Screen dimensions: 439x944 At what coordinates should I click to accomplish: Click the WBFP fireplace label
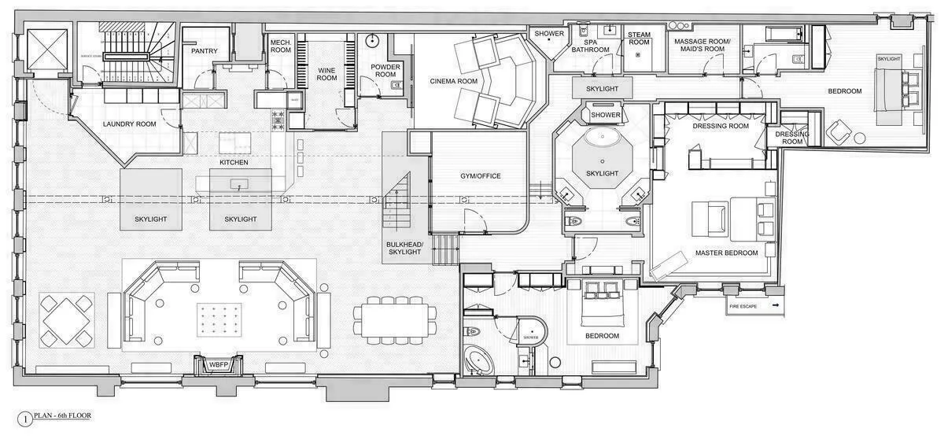coord(216,365)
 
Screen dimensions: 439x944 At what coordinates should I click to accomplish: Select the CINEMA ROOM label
coord(453,81)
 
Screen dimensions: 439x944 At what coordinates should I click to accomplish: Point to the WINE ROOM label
coord(326,74)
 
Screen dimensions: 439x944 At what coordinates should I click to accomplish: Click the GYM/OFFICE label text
coord(481,175)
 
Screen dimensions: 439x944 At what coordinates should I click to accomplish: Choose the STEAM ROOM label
coord(639,38)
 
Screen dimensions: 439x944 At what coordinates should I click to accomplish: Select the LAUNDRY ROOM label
coord(129,124)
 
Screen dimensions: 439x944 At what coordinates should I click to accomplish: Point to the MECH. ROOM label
coord(280,46)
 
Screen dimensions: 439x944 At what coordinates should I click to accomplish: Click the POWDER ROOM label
coord(385,70)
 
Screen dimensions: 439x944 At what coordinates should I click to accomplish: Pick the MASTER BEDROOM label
coord(726,253)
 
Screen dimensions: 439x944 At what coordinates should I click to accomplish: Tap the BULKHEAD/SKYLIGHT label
coord(405,249)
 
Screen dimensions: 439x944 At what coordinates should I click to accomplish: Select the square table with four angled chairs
coord(67,320)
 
